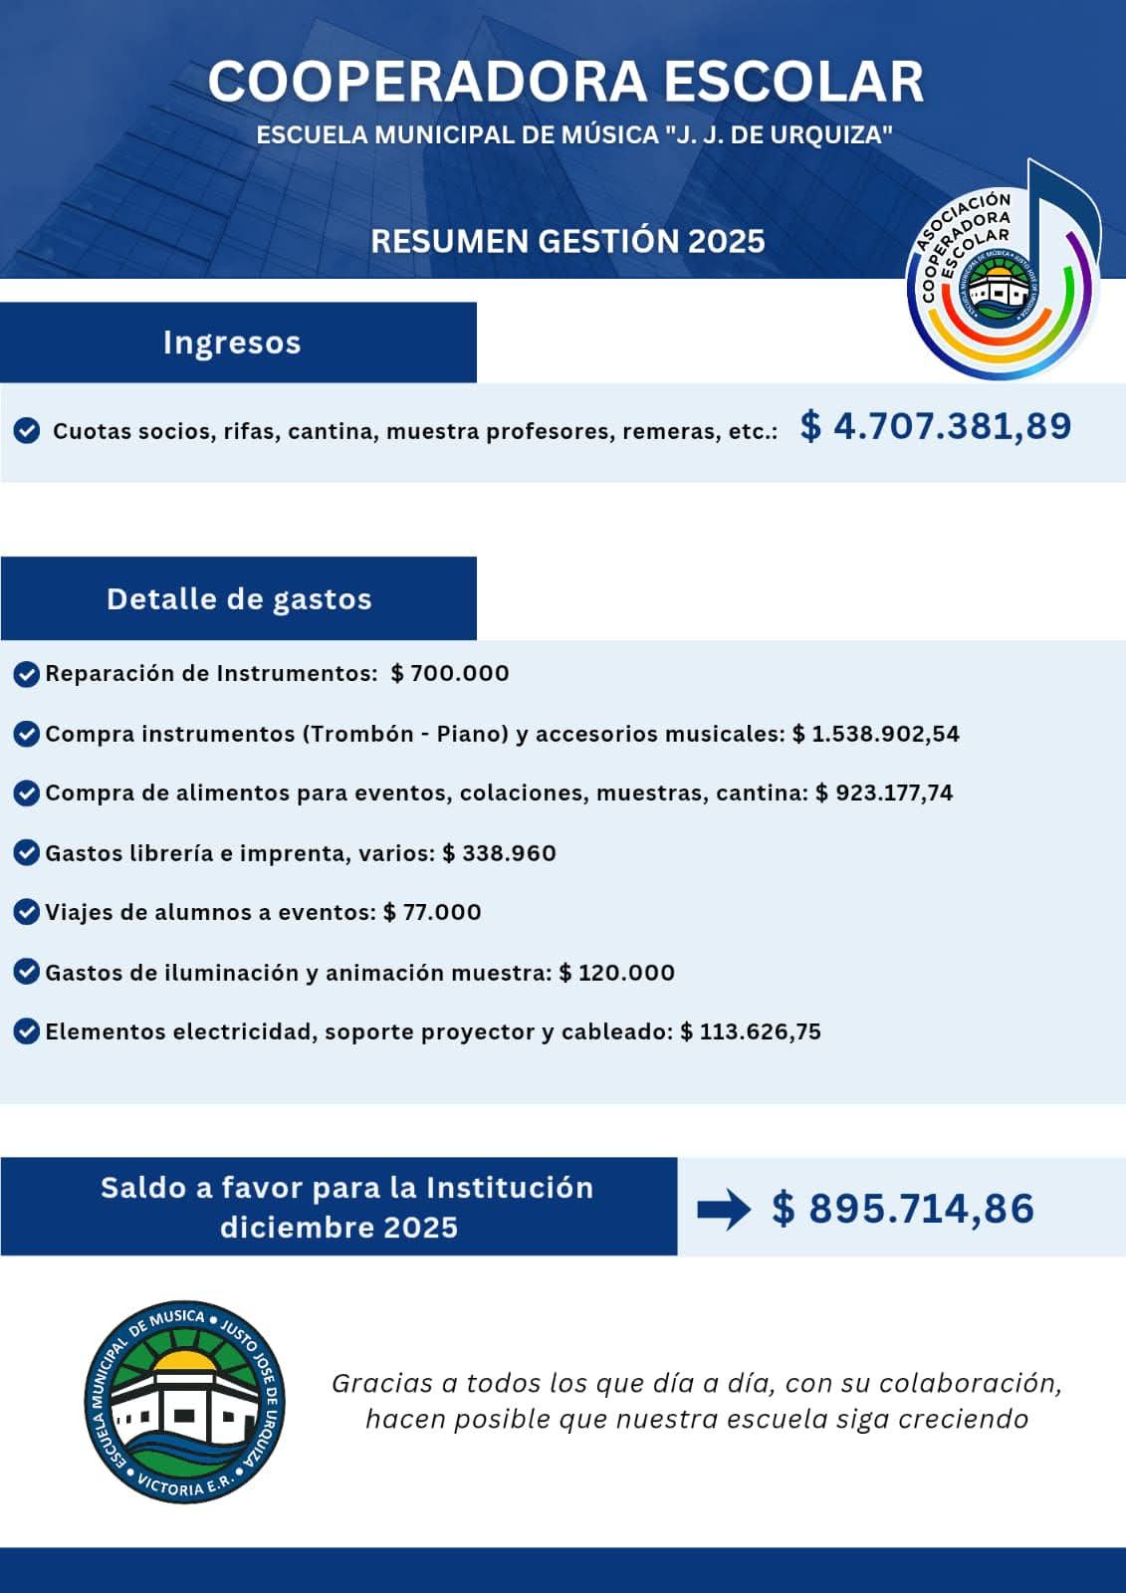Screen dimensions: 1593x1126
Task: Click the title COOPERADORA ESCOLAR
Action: pyautogui.click(x=565, y=82)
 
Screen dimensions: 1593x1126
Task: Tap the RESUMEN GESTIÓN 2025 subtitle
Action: pyautogui.click(x=567, y=241)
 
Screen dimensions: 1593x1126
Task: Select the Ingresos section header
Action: pyautogui.click(x=232, y=342)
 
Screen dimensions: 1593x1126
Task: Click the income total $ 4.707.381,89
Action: pyautogui.click(x=936, y=426)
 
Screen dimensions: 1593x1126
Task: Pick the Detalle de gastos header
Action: pyautogui.click(x=239, y=599)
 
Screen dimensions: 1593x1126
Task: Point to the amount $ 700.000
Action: pyautogui.click(x=450, y=673)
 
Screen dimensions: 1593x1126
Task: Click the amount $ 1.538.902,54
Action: pyautogui.click(x=876, y=734)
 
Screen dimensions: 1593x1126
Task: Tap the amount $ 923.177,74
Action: pyautogui.click(x=884, y=793)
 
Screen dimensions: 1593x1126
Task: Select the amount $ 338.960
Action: pyautogui.click(x=499, y=853)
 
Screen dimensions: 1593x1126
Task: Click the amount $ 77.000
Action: pyautogui.click(x=432, y=912)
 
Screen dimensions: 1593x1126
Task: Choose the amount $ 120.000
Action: pyautogui.click(x=617, y=973)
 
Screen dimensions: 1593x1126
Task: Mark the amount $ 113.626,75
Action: pyautogui.click(x=751, y=1031)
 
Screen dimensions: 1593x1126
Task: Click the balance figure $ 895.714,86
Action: pyautogui.click(x=903, y=1209)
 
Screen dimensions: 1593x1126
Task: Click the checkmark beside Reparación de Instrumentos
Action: pyautogui.click(x=27, y=674)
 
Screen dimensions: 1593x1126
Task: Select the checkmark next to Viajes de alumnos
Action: pyautogui.click(x=27, y=912)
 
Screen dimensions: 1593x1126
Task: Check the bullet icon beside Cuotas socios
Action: pyautogui.click(x=27, y=431)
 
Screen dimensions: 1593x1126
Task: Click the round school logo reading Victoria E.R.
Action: pyautogui.click(x=185, y=1401)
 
